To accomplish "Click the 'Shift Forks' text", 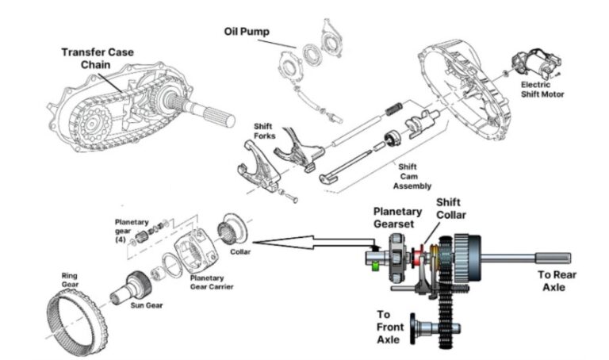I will click(264, 132).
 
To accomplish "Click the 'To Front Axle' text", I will click(393, 326).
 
